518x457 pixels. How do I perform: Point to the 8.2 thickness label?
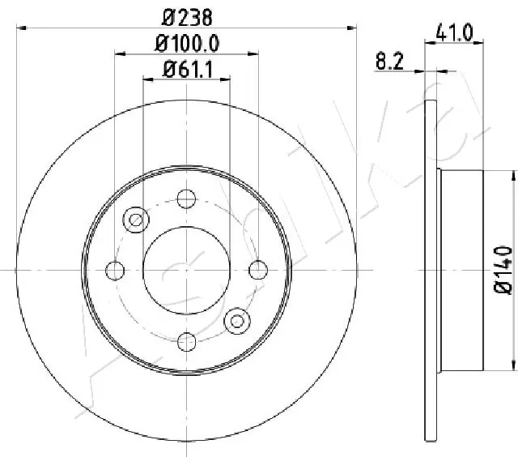(388, 59)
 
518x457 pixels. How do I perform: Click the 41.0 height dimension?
(454, 32)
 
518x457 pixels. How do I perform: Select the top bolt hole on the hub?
(187, 197)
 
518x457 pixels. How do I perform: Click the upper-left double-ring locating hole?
(136, 218)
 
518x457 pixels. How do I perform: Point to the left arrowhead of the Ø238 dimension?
(21, 28)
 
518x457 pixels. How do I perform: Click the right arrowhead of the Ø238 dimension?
(352, 28)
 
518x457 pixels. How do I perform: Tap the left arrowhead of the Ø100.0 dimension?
(120, 54)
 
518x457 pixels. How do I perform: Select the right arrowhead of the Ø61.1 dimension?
(226, 79)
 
